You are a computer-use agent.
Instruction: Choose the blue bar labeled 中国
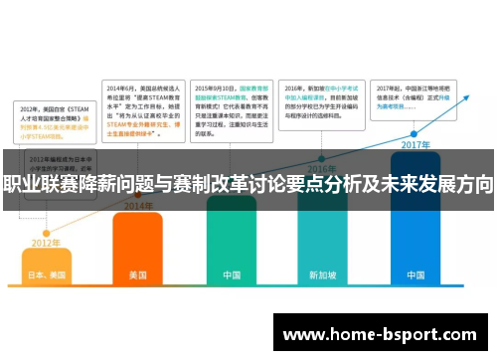point(415,239)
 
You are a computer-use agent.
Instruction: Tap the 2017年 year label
point(414,144)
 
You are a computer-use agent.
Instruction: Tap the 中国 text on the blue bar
point(415,274)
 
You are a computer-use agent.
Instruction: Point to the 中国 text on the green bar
point(232,274)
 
